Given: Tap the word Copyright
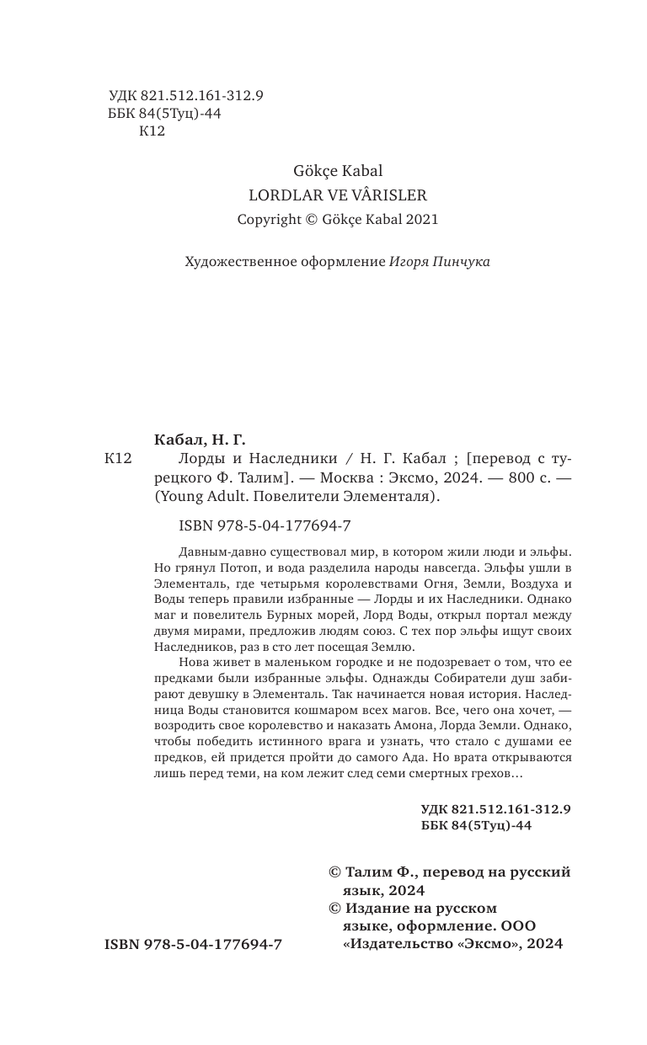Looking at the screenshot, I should [269, 219].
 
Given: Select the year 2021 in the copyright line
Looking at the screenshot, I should [422, 219].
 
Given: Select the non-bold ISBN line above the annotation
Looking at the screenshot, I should [265, 525].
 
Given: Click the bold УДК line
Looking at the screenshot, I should [496, 808].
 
